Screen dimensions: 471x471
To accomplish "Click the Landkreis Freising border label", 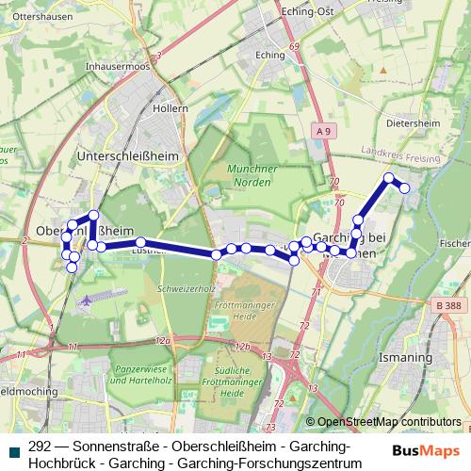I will (x=401, y=154).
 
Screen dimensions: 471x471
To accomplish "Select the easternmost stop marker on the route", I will (x=405, y=188).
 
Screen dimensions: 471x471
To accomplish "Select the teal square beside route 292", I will (x=13, y=448).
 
